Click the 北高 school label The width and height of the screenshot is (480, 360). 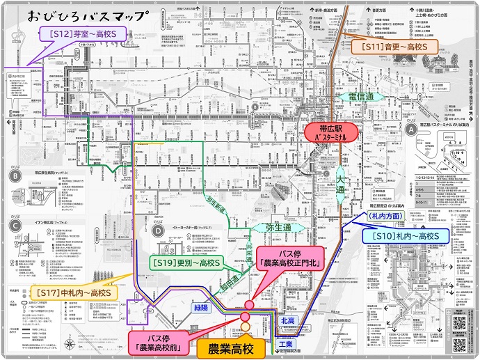287,320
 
